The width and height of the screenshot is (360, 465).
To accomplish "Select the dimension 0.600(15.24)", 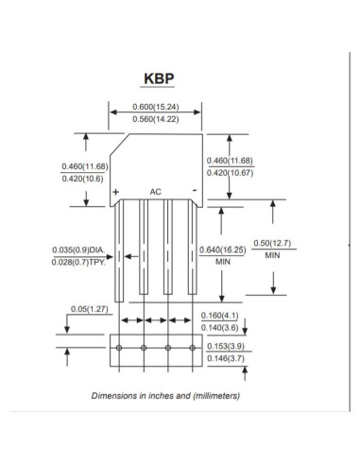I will pyautogui.click(x=157, y=105).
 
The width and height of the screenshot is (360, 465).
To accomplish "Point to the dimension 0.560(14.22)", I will pyautogui.click(x=157, y=121).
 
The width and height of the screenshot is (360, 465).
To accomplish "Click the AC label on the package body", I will pyautogui.click(x=157, y=192).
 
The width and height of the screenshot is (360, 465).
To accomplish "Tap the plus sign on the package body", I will pyautogui.click(x=116, y=192).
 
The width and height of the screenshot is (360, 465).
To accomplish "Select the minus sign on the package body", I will pyautogui.click(x=194, y=191).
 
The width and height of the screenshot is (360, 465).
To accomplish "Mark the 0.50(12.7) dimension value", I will pyautogui.click(x=275, y=244).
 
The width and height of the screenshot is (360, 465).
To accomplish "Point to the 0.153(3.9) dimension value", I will pyautogui.click(x=225, y=347).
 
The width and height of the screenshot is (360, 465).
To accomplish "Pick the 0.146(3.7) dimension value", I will pyautogui.click(x=225, y=358).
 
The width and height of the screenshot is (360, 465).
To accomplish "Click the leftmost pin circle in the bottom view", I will pyautogui.click(x=120, y=349).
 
